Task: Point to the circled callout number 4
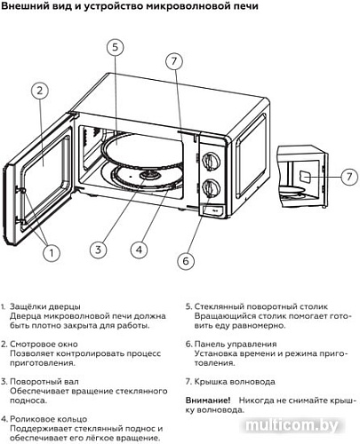coord(138,249)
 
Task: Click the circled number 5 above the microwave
coord(114,48)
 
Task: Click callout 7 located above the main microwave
coord(174,60)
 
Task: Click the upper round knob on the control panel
coord(212,161)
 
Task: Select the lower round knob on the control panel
coord(212,188)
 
